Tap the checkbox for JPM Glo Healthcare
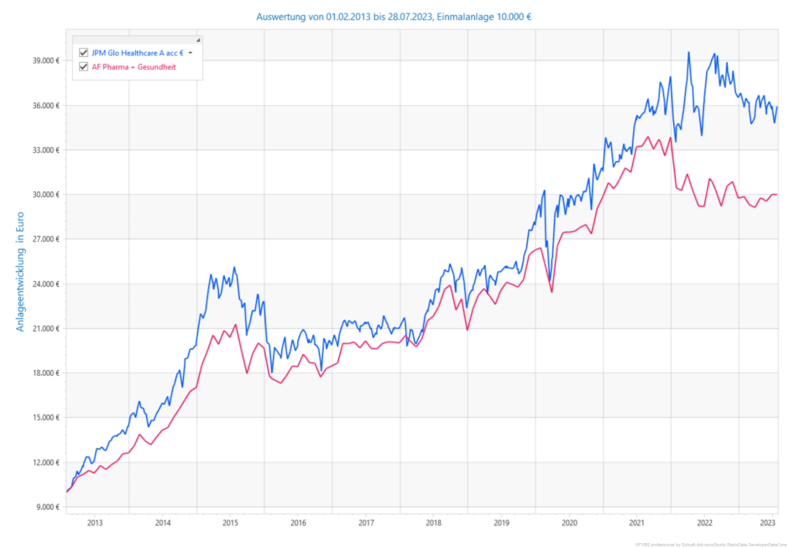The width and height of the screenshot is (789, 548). click(x=83, y=52)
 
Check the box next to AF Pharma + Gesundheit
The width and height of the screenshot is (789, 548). click(x=83, y=66)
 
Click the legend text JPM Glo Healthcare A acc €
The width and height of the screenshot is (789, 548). click(x=137, y=52)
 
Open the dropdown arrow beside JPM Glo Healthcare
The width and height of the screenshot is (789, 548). click(x=191, y=52)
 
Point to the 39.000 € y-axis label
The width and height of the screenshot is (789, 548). click(x=43, y=60)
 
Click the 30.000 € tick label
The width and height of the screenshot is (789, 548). click(x=43, y=195)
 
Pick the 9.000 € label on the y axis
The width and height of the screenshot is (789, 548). click(x=44, y=507)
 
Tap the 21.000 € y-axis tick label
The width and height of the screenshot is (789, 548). click(x=43, y=328)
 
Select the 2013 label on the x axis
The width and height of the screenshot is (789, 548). click(x=95, y=522)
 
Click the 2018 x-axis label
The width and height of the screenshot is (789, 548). click(x=434, y=522)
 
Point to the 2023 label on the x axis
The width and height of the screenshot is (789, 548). click(x=767, y=522)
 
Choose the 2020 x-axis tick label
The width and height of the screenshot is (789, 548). click(x=569, y=522)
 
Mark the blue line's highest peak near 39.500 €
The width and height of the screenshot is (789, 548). click(x=688, y=52)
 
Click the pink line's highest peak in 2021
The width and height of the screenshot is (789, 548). click(x=647, y=137)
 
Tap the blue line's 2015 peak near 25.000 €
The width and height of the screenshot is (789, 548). click(x=234, y=268)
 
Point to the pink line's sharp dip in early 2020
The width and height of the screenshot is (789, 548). click(x=551, y=291)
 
